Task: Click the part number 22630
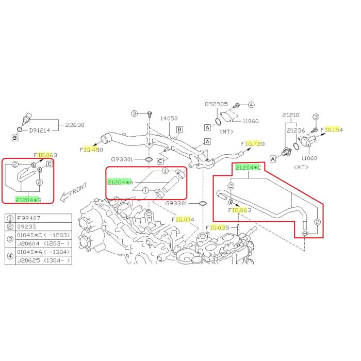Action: [74, 124]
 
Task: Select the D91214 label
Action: [40, 130]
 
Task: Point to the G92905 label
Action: [216, 104]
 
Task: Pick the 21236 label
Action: [296, 131]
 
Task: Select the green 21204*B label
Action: [28, 199]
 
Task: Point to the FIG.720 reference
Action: [253, 143]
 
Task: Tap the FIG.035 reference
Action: [218, 227]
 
